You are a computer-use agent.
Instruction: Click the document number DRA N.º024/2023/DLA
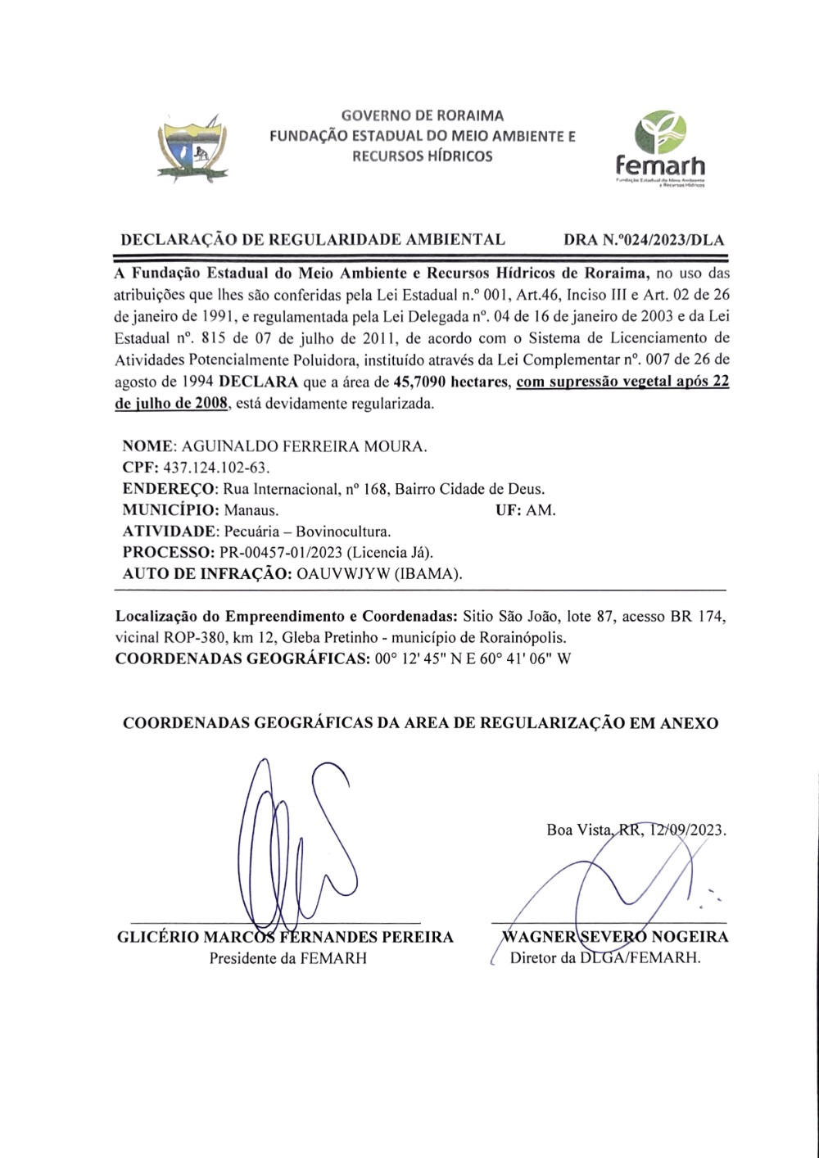pos(644,241)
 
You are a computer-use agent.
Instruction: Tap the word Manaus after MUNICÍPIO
pos(251,510)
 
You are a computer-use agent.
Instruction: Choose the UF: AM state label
pos(525,510)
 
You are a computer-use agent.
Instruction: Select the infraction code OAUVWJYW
pos(343,574)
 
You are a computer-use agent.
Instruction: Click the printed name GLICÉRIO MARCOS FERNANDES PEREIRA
pos(285,937)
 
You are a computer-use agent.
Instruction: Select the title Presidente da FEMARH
pos(287,958)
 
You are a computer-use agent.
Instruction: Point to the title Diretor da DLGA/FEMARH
pos(605,958)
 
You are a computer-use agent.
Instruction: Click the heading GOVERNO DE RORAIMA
pos(422,115)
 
